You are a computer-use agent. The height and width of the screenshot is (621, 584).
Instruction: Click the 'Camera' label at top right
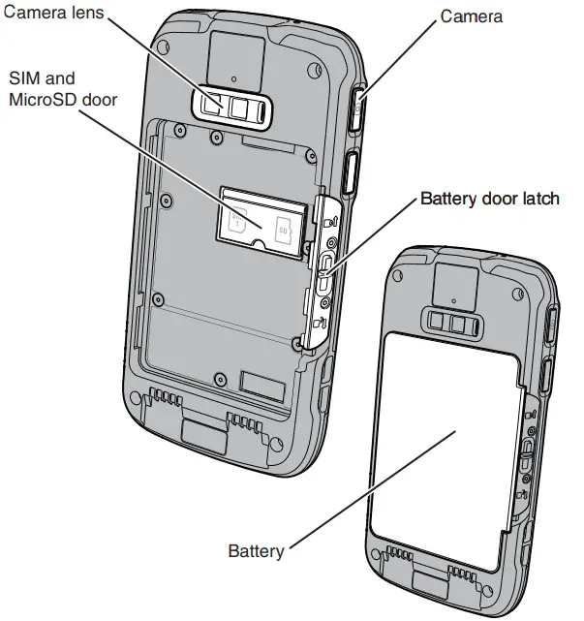473,16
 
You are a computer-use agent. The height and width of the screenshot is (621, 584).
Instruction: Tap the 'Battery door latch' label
489,199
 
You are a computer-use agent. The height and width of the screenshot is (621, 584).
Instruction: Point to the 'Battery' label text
256,551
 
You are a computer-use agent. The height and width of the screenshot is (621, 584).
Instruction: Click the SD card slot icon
283,232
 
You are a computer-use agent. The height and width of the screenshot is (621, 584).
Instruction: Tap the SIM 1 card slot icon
234,222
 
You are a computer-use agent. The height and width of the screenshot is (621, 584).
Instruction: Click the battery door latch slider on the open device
326,265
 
